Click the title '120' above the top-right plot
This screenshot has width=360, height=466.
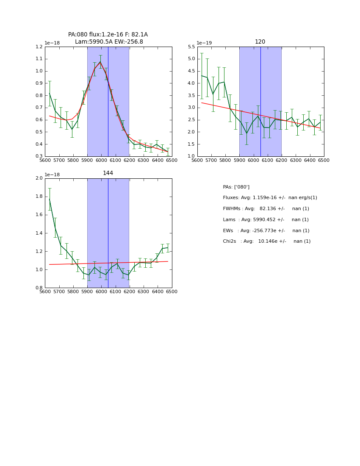click(x=260, y=42)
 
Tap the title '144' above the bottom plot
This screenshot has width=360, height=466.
click(x=108, y=173)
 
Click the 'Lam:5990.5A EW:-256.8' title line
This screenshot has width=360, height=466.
click(x=109, y=42)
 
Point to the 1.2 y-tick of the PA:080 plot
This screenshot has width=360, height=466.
click(x=39, y=47)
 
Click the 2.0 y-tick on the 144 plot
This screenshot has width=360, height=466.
click(x=39, y=178)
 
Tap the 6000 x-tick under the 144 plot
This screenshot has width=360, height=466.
click(x=101, y=292)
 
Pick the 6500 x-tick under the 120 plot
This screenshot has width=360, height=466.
click(x=324, y=161)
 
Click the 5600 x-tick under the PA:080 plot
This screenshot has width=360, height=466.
click(x=45, y=161)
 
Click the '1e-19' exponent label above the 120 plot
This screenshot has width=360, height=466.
click(x=204, y=43)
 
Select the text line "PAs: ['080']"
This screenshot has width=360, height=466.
click(x=236, y=187)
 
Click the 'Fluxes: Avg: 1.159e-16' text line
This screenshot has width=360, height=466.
click(x=270, y=198)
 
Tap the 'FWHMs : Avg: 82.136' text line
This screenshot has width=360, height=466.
click(x=266, y=209)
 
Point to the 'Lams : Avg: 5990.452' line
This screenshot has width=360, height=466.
click(x=266, y=220)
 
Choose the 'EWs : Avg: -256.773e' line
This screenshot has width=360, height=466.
click(x=266, y=231)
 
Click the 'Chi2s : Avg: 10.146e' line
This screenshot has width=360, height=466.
click(x=266, y=241)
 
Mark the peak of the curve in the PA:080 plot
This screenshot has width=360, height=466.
click(x=100, y=62)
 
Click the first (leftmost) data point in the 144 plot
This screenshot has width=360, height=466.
click(x=50, y=199)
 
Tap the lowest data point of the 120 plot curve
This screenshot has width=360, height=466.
click(x=246, y=133)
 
